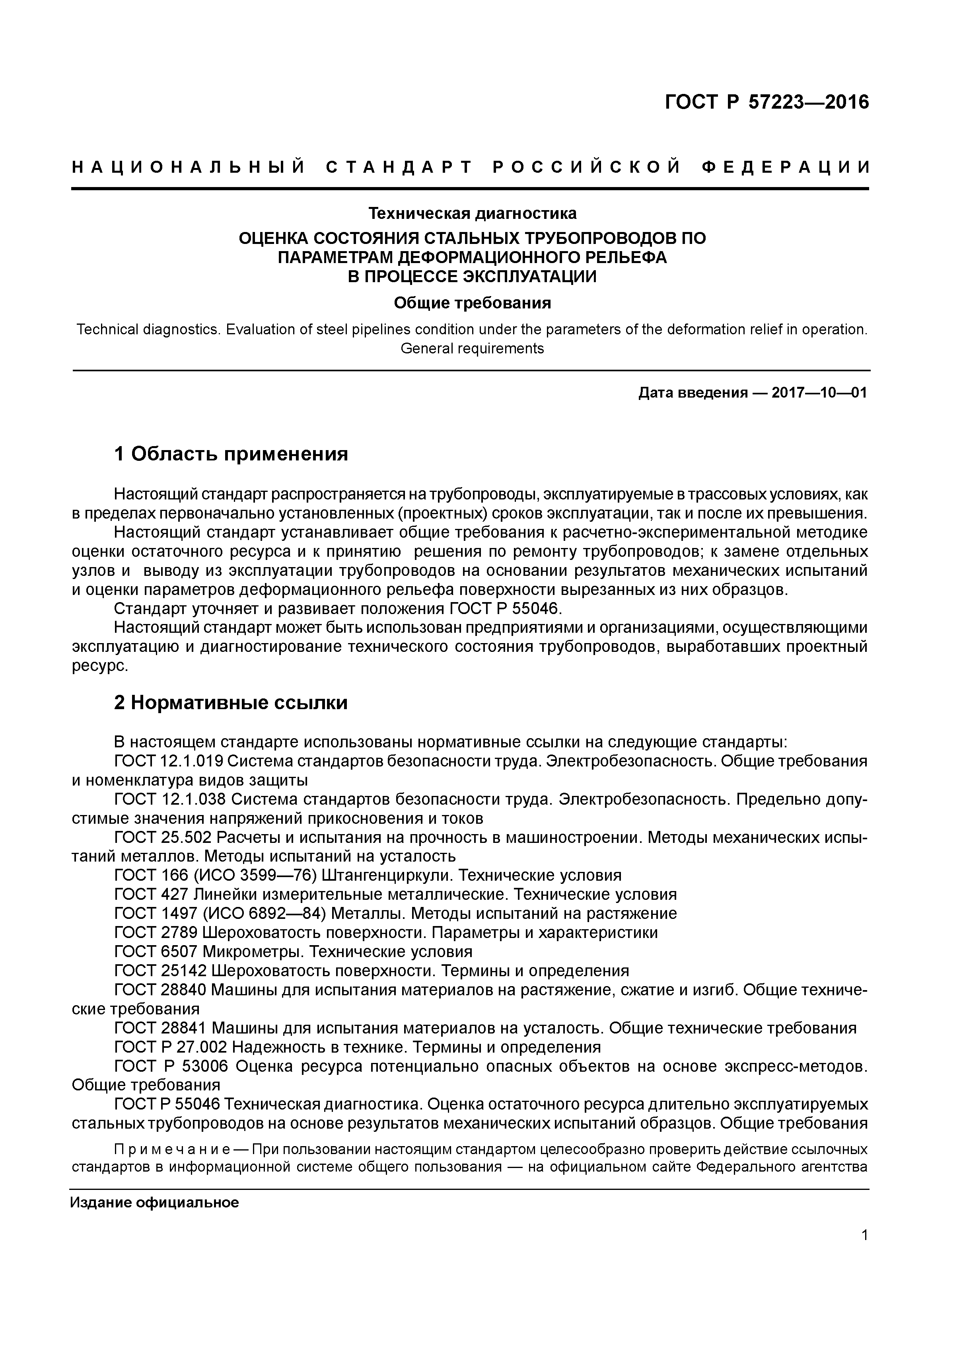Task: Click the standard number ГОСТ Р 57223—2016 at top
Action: point(766,102)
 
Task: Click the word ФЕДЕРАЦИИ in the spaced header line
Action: point(784,168)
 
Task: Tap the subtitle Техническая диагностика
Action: point(472,213)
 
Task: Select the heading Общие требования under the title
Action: point(472,303)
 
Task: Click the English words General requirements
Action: point(472,349)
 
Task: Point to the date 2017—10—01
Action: point(819,393)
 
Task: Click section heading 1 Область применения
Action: point(231,454)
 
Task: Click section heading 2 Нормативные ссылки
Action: point(231,703)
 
